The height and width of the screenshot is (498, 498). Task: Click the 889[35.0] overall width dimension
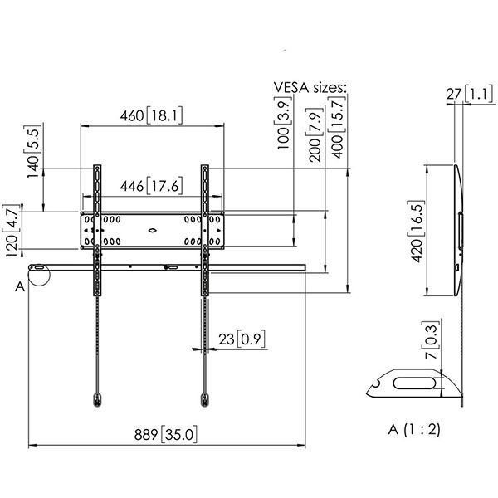165,434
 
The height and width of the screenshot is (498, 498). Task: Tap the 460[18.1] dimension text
152,115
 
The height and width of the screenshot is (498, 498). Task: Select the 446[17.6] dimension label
152,185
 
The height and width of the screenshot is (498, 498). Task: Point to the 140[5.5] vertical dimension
33,152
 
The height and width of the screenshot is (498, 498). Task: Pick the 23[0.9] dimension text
242,339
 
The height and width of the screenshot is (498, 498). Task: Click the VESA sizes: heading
310,87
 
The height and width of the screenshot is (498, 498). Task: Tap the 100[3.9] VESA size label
283,122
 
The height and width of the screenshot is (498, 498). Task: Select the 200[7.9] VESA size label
315,134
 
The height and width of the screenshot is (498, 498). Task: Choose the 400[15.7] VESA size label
337,127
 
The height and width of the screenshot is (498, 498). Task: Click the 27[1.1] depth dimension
471,94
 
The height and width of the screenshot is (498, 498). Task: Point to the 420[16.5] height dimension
416,232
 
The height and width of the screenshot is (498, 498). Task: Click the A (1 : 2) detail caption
414,429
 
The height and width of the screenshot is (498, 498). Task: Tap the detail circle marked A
39,275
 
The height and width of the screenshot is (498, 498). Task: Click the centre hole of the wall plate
153,231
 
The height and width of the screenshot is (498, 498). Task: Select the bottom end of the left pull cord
97,400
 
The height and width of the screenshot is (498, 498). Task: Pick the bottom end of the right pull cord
205,400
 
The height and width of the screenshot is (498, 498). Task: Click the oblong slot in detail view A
414,383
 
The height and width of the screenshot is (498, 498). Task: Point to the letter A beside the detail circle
20,287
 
